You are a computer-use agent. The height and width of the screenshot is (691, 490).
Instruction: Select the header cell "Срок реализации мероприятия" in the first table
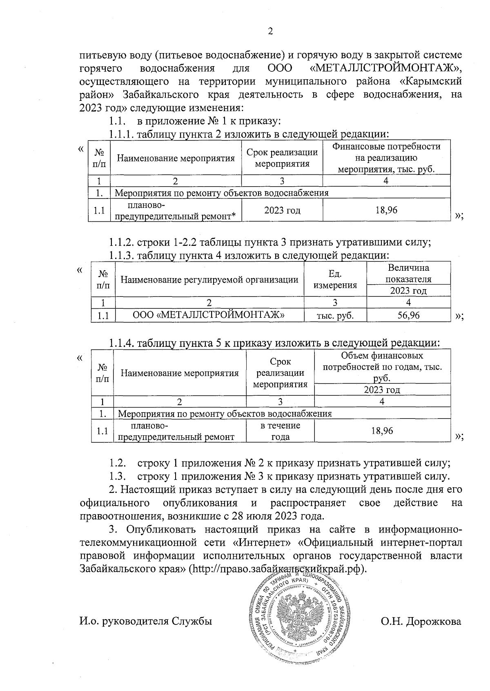coord(282,158)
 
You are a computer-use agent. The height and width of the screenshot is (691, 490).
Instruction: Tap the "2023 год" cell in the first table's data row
coord(282,210)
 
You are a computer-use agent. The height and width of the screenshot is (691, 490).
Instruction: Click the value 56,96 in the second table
coord(408,315)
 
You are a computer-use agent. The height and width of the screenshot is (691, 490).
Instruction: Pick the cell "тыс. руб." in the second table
coord(335,315)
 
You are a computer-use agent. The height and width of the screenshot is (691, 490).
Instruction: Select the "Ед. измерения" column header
coord(335,279)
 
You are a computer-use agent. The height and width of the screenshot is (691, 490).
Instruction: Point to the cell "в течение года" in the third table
coord(280,431)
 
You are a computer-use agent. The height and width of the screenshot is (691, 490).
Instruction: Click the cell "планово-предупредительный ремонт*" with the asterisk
coord(176,211)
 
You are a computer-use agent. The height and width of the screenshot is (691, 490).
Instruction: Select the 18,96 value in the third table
coord(382,431)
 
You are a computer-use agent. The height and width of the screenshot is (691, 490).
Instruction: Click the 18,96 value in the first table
coord(386,210)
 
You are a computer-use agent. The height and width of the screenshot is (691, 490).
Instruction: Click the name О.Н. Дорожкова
coord(421,622)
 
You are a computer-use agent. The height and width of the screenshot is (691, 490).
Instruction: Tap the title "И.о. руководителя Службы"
coord(146,622)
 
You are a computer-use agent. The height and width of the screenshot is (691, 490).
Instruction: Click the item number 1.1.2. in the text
coord(121,242)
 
